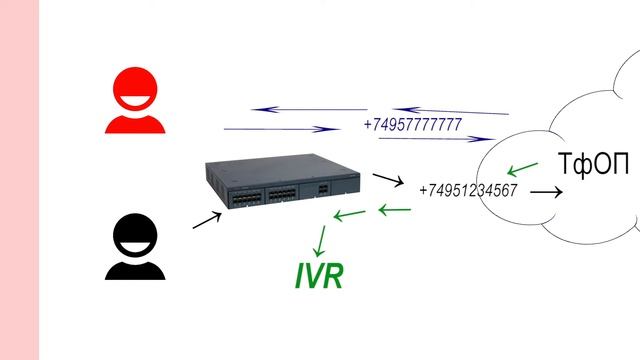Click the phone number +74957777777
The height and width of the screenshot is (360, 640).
tap(413, 125)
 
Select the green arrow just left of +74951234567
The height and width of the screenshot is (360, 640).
tap(394, 209)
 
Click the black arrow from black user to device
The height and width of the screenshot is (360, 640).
tap(207, 220)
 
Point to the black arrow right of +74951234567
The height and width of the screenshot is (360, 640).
tap(545, 190)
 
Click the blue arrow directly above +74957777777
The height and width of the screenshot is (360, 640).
tap(450, 111)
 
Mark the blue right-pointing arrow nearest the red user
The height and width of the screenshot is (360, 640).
tap(281, 129)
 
